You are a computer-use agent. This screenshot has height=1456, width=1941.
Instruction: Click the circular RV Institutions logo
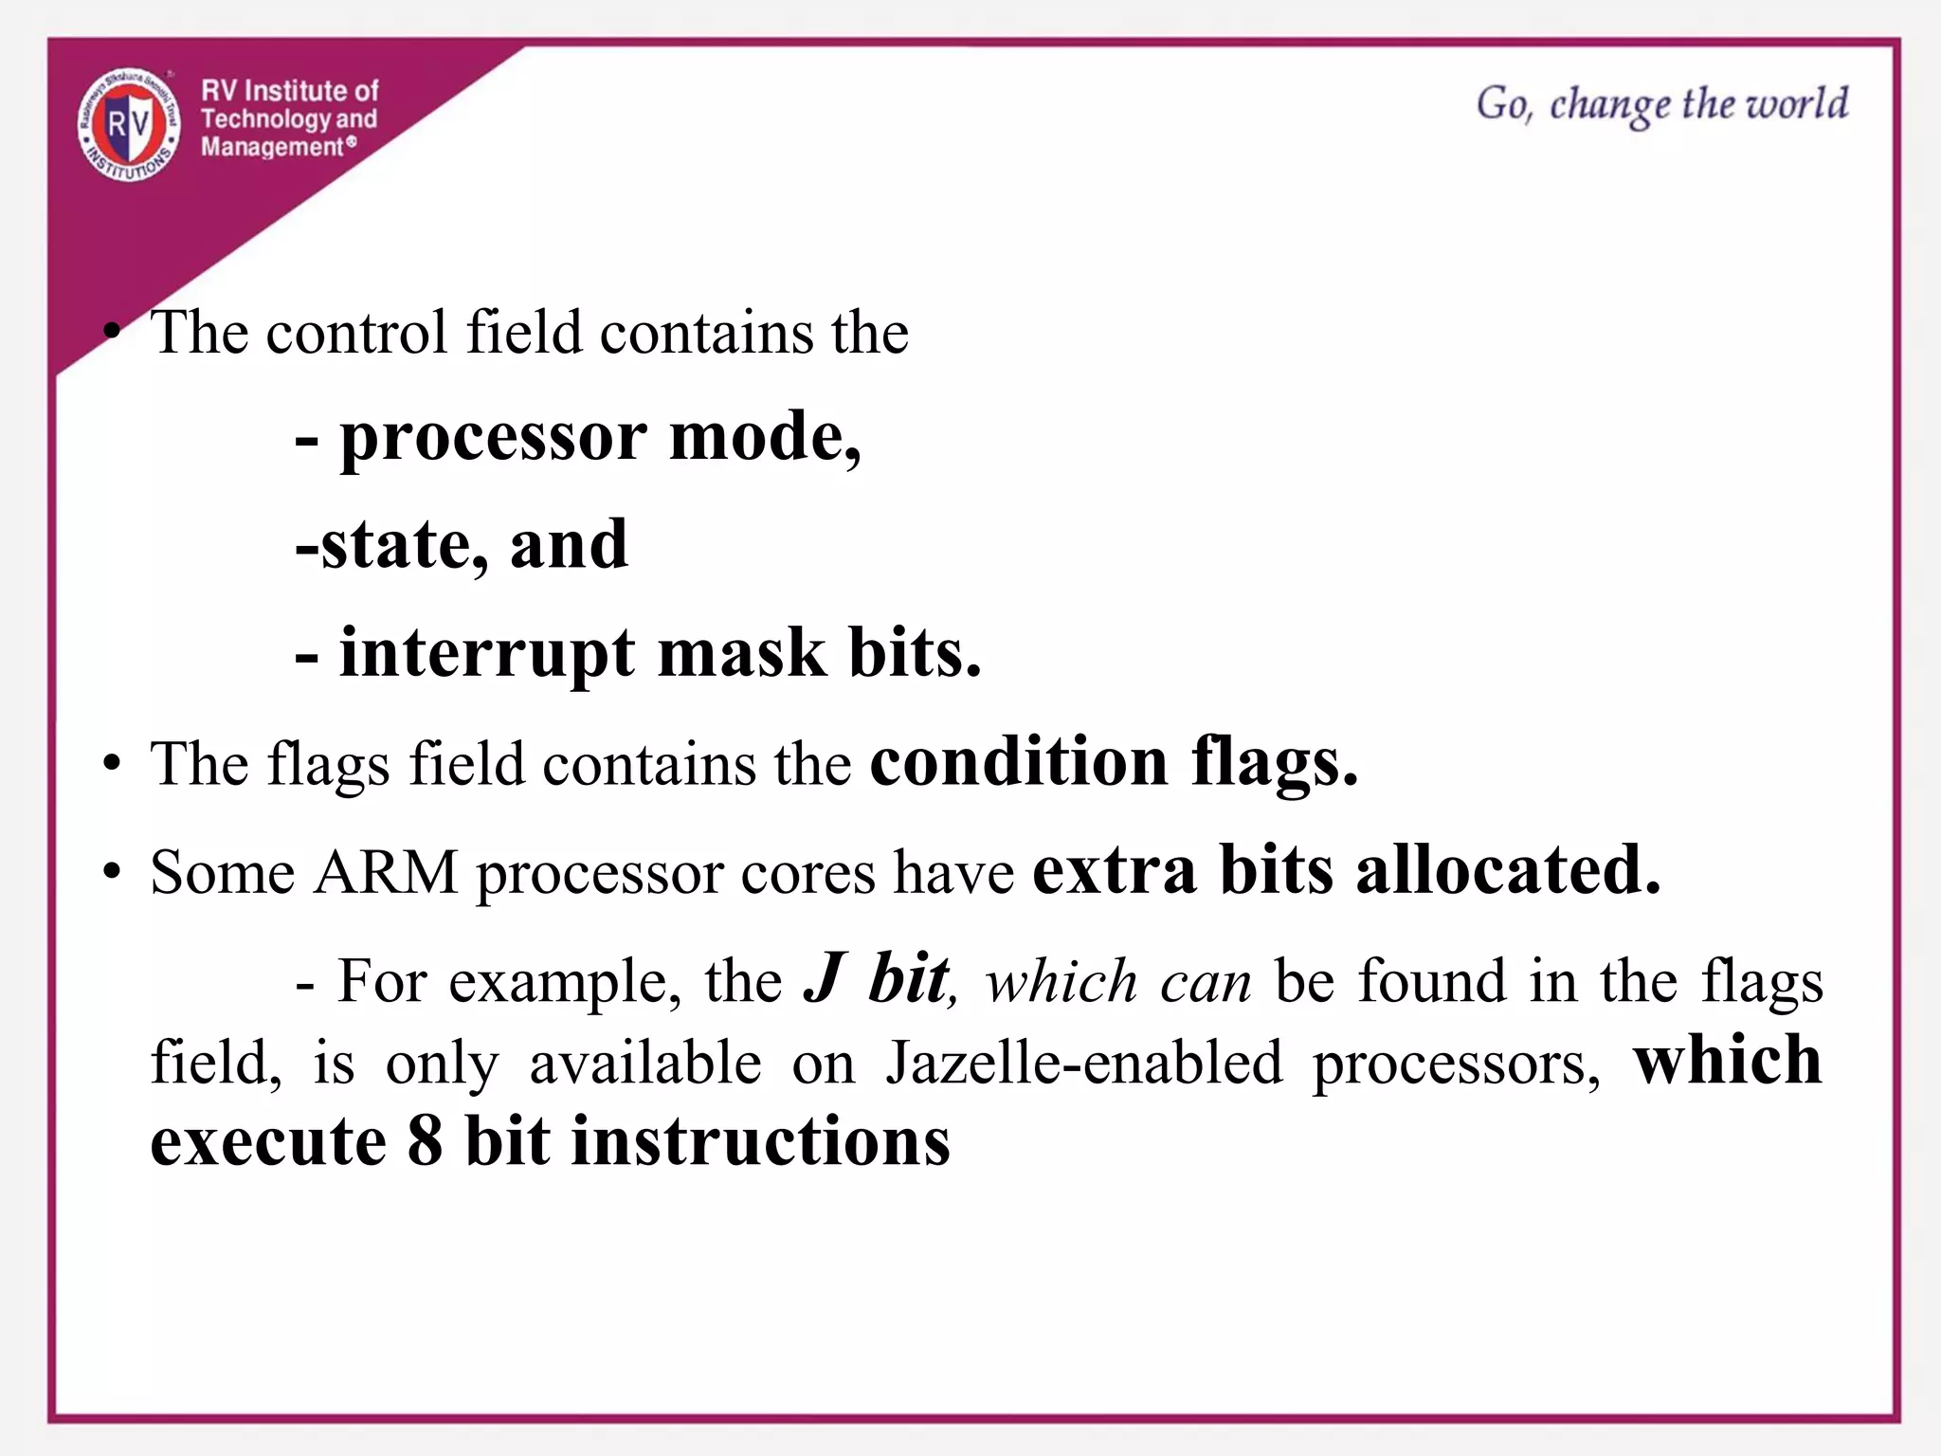pyautogui.click(x=129, y=124)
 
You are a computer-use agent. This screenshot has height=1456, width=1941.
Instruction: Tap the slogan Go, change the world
pyautogui.click(x=1661, y=104)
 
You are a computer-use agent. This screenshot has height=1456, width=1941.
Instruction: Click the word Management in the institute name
pyautogui.click(x=272, y=147)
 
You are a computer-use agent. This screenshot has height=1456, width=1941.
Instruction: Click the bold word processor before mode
pyautogui.click(x=493, y=439)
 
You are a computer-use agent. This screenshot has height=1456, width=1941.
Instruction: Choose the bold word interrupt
pyautogui.click(x=487, y=654)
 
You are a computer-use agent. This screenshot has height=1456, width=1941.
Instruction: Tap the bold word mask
pyautogui.click(x=742, y=654)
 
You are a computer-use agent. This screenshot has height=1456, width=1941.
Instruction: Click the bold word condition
pyautogui.click(x=1019, y=762)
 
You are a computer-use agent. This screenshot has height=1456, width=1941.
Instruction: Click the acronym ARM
pyautogui.click(x=386, y=872)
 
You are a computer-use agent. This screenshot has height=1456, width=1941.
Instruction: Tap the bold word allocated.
pyautogui.click(x=1508, y=870)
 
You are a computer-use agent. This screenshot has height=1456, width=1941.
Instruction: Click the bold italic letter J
pyautogui.click(x=824, y=979)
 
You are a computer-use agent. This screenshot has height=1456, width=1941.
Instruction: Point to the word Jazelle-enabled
pyautogui.click(x=1084, y=1063)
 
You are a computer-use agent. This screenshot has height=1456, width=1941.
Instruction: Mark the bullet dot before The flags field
pyautogui.click(x=113, y=764)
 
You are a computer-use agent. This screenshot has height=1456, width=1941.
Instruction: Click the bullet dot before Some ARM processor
pyautogui.click(x=113, y=872)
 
